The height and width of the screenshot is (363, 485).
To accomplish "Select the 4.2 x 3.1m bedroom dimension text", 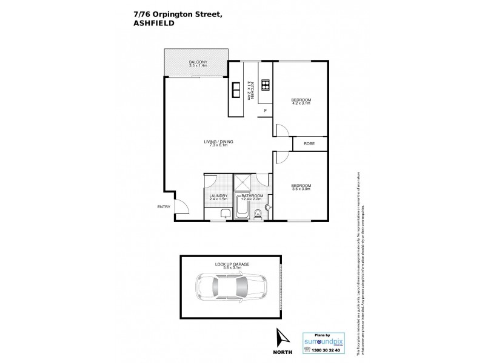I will pos(301,103).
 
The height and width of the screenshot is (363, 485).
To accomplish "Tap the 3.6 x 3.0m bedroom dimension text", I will pos(301,189).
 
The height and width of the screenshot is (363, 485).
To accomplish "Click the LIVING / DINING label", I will pos(218,142).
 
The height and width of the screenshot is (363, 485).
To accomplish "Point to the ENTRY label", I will pos(164,207).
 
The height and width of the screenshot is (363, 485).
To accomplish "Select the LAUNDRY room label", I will pos(218,195).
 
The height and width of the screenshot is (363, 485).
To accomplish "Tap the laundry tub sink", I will pos(224,212).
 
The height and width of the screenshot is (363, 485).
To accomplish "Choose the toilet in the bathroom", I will pos(257,212).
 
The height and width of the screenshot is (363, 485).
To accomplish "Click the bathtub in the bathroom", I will pos(241,209).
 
